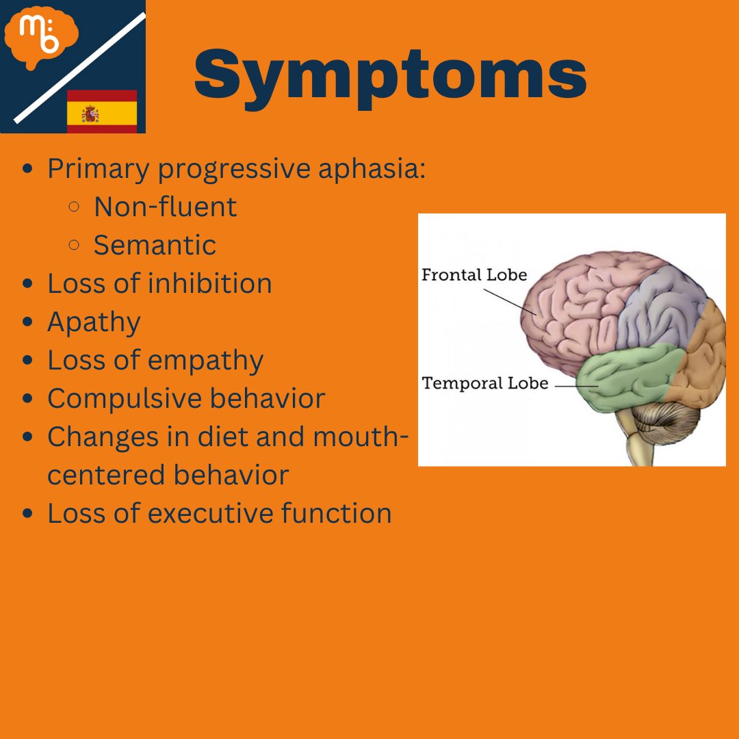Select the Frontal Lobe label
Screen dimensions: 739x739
[x=474, y=275]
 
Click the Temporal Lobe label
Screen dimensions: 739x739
[x=484, y=383]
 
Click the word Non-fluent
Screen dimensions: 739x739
[x=165, y=207]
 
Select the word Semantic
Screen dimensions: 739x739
[x=155, y=245]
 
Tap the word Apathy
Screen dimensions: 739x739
[x=94, y=322]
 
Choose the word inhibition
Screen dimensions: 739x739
[x=219, y=283]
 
